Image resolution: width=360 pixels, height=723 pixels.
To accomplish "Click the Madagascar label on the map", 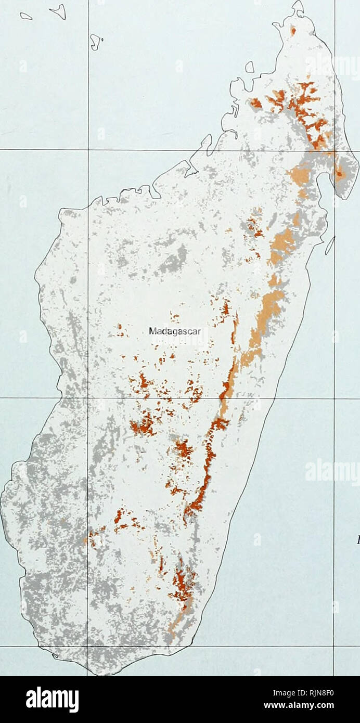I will pyautogui.click(x=171, y=331).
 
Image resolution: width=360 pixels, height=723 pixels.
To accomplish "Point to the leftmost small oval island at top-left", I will pyautogui.click(x=26, y=16).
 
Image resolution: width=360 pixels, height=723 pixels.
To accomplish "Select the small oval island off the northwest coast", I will pyautogui.click(x=249, y=67).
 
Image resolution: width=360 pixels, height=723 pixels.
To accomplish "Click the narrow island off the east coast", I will pyautogui.click(x=330, y=246).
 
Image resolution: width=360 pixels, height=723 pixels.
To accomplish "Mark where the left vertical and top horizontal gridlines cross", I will pyautogui.click(x=88, y=150).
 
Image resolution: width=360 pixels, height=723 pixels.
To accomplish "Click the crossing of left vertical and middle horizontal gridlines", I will pyautogui.click(x=88, y=398).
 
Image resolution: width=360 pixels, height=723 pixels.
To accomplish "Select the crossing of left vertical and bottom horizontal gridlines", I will pyautogui.click(x=88, y=646).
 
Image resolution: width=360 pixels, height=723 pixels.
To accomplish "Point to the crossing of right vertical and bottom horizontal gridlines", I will pyautogui.click(x=334, y=646).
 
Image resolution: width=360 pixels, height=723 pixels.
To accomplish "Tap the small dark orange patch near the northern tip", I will pyautogui.click(x=293, y=31).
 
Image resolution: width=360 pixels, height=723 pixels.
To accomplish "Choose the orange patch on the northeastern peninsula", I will pyautogui.click(x=339, y=174).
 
